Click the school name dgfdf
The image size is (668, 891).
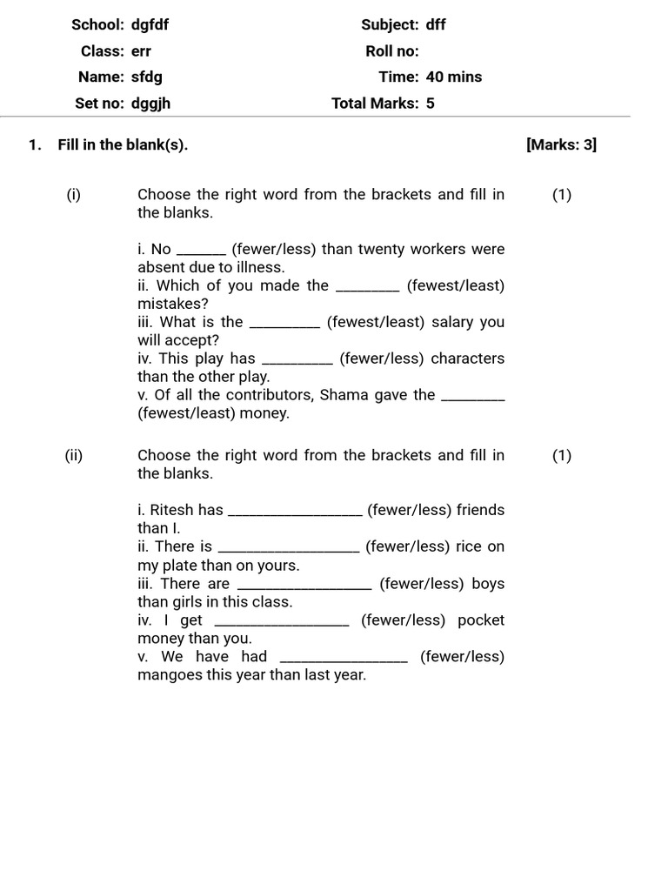[150, 24]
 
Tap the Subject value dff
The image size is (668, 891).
[436, 24]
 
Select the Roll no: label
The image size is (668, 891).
[391, 50]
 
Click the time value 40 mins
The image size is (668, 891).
[453, 77]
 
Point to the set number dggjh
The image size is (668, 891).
[150, 104]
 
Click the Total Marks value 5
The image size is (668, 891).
[430, 104]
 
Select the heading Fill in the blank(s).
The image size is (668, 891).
[123, 144]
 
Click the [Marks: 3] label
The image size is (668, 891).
[561, 144]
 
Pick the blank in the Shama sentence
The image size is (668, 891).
[473, 396]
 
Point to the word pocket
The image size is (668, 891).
[480, 620]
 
